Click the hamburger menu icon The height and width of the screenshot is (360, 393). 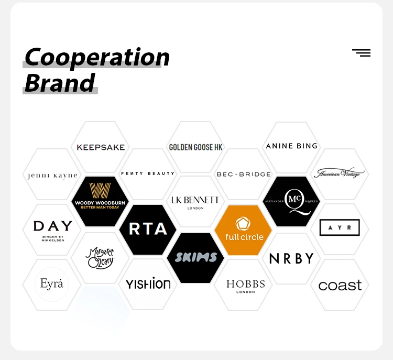click(361, 53)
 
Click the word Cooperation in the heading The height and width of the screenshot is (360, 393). click(97, 57)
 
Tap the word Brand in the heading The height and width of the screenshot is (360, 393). click(60, 83)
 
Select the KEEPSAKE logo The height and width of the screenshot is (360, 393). click(101, 147)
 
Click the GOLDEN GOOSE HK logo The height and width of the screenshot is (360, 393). click(195, 147)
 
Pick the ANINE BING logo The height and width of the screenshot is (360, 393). click(291, 146)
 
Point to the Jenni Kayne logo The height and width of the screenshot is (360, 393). click(52, 176)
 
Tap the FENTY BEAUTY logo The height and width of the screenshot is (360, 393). click(147, 173)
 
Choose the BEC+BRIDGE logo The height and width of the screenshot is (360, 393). click(243, 174)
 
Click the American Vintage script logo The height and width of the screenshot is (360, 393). click(339, 173)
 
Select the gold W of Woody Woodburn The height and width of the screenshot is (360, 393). click(100, 190)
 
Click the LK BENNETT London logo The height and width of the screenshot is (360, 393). click(195, 202)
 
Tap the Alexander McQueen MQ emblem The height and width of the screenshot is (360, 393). click(291, 200)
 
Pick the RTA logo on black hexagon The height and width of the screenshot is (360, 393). click(148, 229)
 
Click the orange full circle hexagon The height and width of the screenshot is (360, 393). click(243, 229)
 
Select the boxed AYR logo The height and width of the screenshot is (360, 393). click(340, 228)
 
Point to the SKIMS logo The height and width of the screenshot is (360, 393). click(195, 257)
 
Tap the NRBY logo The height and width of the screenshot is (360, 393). click(291, 258)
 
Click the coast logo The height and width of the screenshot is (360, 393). click(340, 286)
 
